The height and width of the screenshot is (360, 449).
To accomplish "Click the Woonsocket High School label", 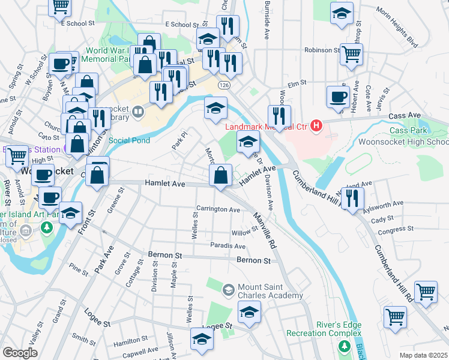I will pos(402,142).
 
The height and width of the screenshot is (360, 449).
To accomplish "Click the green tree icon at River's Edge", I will pos(343,346).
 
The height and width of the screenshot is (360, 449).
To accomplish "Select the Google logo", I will pos(20,352).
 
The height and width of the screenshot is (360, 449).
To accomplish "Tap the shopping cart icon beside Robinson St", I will pos(351,54).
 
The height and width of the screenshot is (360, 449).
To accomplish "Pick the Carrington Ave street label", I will pos(218,210).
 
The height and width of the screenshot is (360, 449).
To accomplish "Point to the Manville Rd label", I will pos(264,231).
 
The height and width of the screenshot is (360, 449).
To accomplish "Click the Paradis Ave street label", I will pos(228,246).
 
